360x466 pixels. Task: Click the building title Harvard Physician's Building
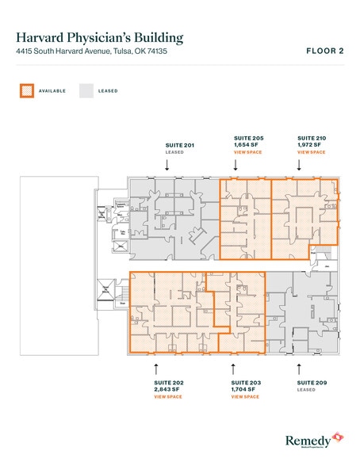99,37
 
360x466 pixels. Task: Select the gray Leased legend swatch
85,90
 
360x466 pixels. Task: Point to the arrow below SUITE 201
167,165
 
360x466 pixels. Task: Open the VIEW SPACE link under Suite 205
247,151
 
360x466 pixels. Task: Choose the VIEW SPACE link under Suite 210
311,151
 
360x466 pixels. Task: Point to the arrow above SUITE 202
155,367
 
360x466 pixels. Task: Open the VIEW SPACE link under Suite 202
168,396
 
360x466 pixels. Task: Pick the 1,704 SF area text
246,389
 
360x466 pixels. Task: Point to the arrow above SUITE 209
298,367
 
